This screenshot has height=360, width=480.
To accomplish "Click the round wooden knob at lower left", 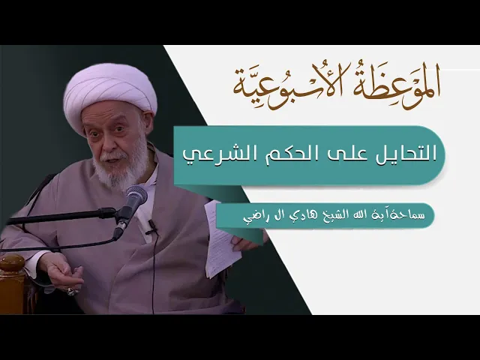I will point(12,262).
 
